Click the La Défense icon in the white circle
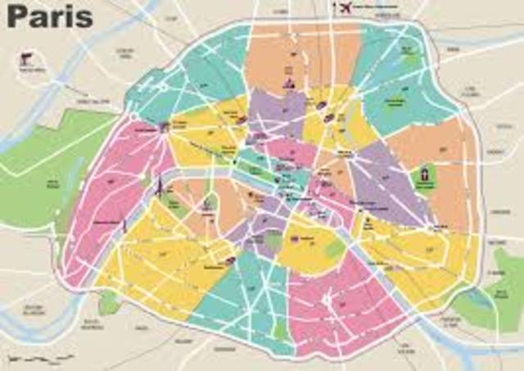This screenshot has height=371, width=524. click(x=27, y=61)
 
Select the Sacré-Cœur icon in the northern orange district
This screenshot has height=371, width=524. click(x=287, y=83)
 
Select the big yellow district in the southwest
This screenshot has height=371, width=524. click(x=156, y=262)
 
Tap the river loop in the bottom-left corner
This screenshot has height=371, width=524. click(x=33, y=323)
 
